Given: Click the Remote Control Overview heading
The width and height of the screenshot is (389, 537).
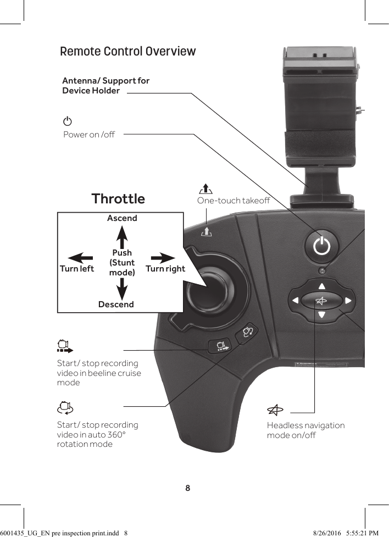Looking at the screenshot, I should click(x=127, y=52).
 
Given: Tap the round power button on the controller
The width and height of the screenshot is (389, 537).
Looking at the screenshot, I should click(x=321, y=247).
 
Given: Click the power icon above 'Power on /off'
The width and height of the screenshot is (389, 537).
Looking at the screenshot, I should click(x=67, y=121).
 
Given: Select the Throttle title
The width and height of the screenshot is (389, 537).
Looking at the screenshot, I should click(x=118, y=198).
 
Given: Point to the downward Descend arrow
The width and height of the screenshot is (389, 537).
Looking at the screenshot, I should click(x=122, y=288).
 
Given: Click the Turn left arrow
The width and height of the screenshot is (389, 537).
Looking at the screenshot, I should click(x=80, y=257).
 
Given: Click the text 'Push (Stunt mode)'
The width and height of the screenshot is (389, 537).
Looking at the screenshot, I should click(x=122, y=263).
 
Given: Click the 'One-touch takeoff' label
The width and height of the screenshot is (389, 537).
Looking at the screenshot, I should click(x=234, y=201).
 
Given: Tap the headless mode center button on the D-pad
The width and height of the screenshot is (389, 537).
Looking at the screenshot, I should click(x=321, y=301).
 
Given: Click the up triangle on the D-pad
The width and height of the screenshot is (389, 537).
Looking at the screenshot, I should click(x=321, y=286).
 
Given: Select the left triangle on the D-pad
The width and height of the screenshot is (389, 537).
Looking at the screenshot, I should click(x=296, y=301).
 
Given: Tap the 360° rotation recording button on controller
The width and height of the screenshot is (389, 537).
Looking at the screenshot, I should click(x=248, y=331).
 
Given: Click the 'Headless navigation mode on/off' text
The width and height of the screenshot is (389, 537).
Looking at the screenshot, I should click(x=305, y=430).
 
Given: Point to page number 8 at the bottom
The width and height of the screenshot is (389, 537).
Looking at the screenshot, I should click(x=188, y=488).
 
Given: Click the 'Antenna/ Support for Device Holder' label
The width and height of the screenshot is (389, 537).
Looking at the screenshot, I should click(x=105, y=86).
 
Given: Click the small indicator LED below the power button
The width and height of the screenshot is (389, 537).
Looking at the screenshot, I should click(x=322, y=270).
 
